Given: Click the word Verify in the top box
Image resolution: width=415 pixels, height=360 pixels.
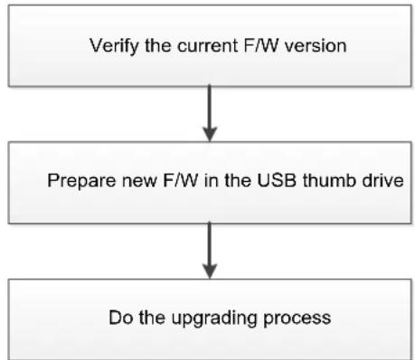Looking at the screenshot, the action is point(115,46).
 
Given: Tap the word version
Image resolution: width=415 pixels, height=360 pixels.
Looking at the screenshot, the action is point(316,46).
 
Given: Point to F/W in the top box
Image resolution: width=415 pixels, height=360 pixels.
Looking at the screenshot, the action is point(261,45).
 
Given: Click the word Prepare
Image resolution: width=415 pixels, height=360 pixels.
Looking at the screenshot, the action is point(81,181).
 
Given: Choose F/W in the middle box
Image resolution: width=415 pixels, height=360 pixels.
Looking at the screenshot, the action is point(181,180).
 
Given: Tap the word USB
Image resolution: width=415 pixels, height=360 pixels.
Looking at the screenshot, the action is point(277,180).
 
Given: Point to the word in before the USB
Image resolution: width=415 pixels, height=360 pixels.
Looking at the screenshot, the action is point(208,180).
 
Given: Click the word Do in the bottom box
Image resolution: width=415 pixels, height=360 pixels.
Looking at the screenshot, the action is point(121,317).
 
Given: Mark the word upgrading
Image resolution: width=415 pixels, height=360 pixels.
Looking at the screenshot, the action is point(214,318).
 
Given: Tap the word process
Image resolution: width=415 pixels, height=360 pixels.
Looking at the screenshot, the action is point(297,318).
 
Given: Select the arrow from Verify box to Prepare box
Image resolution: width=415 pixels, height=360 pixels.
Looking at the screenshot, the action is point(210,114).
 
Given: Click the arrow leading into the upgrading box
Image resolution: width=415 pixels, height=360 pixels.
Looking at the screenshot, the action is point(210,251).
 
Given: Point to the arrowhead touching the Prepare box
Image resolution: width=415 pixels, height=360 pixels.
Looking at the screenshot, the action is point(210,135).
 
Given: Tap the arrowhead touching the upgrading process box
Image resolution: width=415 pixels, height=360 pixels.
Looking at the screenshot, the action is point(210,271).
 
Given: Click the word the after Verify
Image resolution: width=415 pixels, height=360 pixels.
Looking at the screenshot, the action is point(158,46).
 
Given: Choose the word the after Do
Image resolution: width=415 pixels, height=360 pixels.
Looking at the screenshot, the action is point(152,317).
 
